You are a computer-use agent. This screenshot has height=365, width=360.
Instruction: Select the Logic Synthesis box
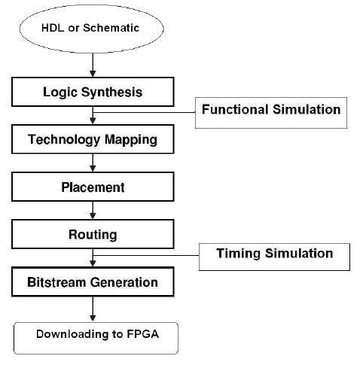tap(92, 93)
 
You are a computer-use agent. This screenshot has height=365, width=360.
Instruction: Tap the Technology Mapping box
tap(92, 140)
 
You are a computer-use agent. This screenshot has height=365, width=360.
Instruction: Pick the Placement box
tap(92, 187)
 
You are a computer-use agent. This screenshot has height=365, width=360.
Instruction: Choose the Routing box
tap(92, 234)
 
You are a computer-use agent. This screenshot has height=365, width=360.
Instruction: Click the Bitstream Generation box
tap(92, 283)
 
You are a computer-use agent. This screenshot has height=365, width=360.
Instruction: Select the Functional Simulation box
tap(271, 110)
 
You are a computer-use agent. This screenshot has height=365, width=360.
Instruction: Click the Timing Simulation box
tap(274, 254)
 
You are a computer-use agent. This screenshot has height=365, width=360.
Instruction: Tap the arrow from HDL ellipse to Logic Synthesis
tap(92, 64)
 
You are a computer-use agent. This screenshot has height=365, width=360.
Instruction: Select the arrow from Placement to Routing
tap(92, 211)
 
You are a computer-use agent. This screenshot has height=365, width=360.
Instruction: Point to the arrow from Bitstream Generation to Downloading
tap(92, 308)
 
